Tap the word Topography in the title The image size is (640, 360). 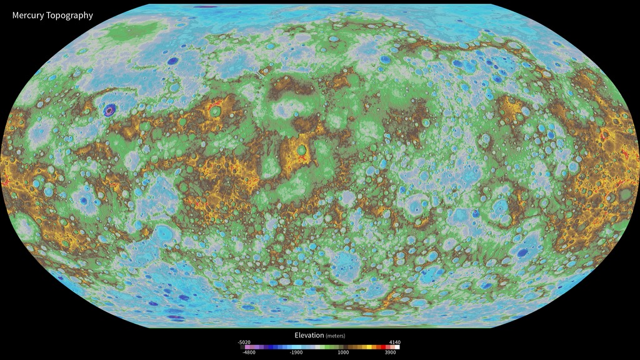click(69, 15)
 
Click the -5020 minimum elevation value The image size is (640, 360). click(244, 342)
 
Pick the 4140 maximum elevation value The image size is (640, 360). click(395, 342)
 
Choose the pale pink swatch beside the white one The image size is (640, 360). click(394, 347)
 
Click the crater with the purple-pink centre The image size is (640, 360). click(111, 110)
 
